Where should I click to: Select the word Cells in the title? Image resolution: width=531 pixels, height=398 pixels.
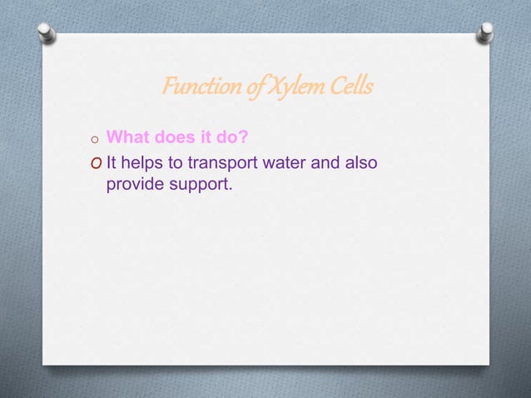pyautogui.click(x=351, y=87)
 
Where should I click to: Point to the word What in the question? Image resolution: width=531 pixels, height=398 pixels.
pyautogui.click(x=128, y=137)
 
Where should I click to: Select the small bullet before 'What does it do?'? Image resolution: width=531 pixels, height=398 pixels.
pyautogui.click(x=96, y=139)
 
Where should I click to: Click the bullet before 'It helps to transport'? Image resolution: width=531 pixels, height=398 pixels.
pyautogui.click(x=97, y=162)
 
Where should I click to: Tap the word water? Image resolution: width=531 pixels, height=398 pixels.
pyautogui.click(x=284, y=162)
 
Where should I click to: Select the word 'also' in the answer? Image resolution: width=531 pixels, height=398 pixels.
pyautogui.click(x=360, y=162)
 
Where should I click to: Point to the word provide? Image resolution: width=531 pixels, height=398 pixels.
pyautogui.click(x=135, y=184)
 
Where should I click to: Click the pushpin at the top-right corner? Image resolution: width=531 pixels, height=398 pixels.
pyautogui.click(x=486, y=32)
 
